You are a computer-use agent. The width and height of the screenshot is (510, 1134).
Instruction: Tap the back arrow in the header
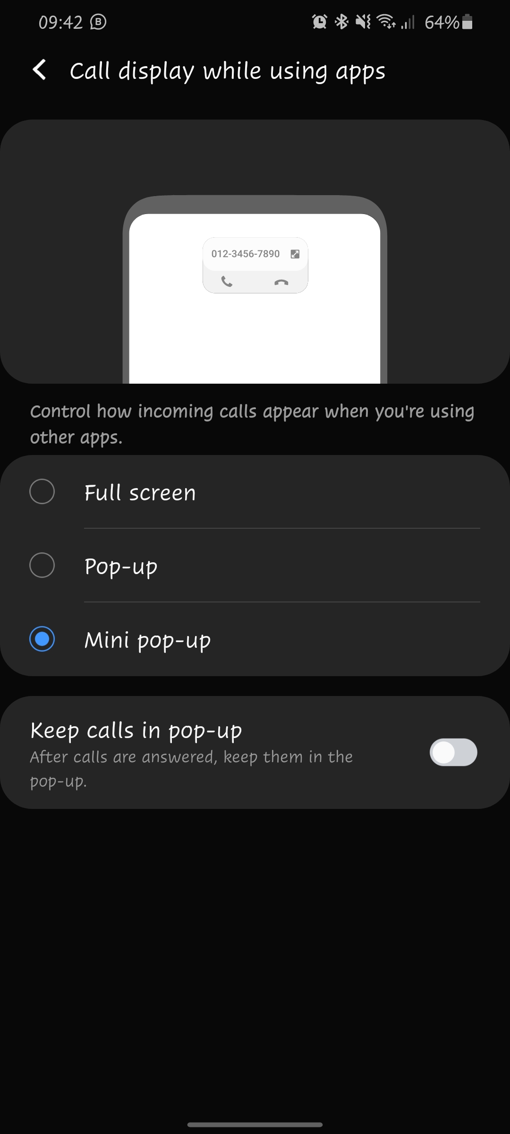point(40,70)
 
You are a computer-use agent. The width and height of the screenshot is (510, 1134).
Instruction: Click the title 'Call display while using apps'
point(227,71)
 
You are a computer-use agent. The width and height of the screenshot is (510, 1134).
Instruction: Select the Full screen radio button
point(42,491)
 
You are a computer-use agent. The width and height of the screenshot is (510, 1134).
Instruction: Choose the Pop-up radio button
point(42,565)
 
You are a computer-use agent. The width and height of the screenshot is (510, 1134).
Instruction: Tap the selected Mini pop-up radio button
point(42,639)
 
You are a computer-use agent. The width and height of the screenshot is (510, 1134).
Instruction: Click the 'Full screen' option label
point(140,493)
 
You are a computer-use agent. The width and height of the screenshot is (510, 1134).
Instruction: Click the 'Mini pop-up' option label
point(147,641)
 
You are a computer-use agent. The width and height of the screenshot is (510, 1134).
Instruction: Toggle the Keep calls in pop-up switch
point(453,752)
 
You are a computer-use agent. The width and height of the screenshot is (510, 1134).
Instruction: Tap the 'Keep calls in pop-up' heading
point(136,730)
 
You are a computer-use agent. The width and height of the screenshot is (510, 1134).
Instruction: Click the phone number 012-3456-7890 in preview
point(245,254)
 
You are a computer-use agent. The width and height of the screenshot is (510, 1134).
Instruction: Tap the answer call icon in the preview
point(227,282)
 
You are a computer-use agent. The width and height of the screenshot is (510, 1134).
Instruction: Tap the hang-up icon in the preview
point(281,283)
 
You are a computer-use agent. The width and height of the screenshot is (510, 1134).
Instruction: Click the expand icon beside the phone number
point(295,254)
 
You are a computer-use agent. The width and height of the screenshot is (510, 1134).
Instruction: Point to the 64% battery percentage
point(442,22)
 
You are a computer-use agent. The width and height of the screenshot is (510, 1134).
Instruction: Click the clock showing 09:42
point(60,22)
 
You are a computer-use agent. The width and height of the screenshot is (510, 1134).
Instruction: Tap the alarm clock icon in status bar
point(320,22)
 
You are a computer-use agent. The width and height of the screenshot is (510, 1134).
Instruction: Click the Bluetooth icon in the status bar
point(341,22)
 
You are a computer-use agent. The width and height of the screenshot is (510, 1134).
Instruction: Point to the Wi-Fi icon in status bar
point(386,22)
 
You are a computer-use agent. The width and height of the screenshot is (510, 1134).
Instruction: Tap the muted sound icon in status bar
point(363,22)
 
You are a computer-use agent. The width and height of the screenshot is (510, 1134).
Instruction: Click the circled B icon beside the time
point(98,22)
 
